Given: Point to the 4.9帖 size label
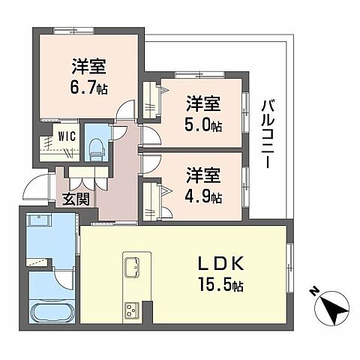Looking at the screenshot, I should point(204,197).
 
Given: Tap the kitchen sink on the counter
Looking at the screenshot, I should point(132,267).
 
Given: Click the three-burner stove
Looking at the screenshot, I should point(132,309).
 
